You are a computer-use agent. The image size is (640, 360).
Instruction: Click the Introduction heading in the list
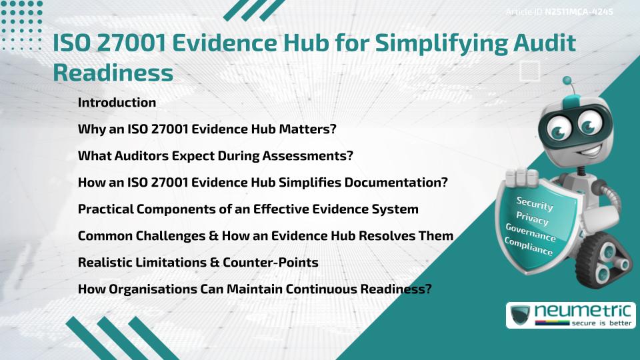(117, 103)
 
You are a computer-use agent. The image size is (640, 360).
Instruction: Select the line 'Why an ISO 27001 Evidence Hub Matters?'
(207, 129)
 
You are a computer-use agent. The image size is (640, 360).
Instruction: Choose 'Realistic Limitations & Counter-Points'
(198, 263)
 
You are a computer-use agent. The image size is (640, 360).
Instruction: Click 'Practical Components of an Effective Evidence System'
(248, 209)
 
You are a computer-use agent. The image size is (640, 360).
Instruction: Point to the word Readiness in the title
(113, 73)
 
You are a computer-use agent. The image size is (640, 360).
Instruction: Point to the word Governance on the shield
(531, 233)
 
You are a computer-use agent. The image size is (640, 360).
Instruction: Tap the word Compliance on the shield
(529, 247)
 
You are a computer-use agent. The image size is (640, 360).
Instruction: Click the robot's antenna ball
(569, 83)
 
